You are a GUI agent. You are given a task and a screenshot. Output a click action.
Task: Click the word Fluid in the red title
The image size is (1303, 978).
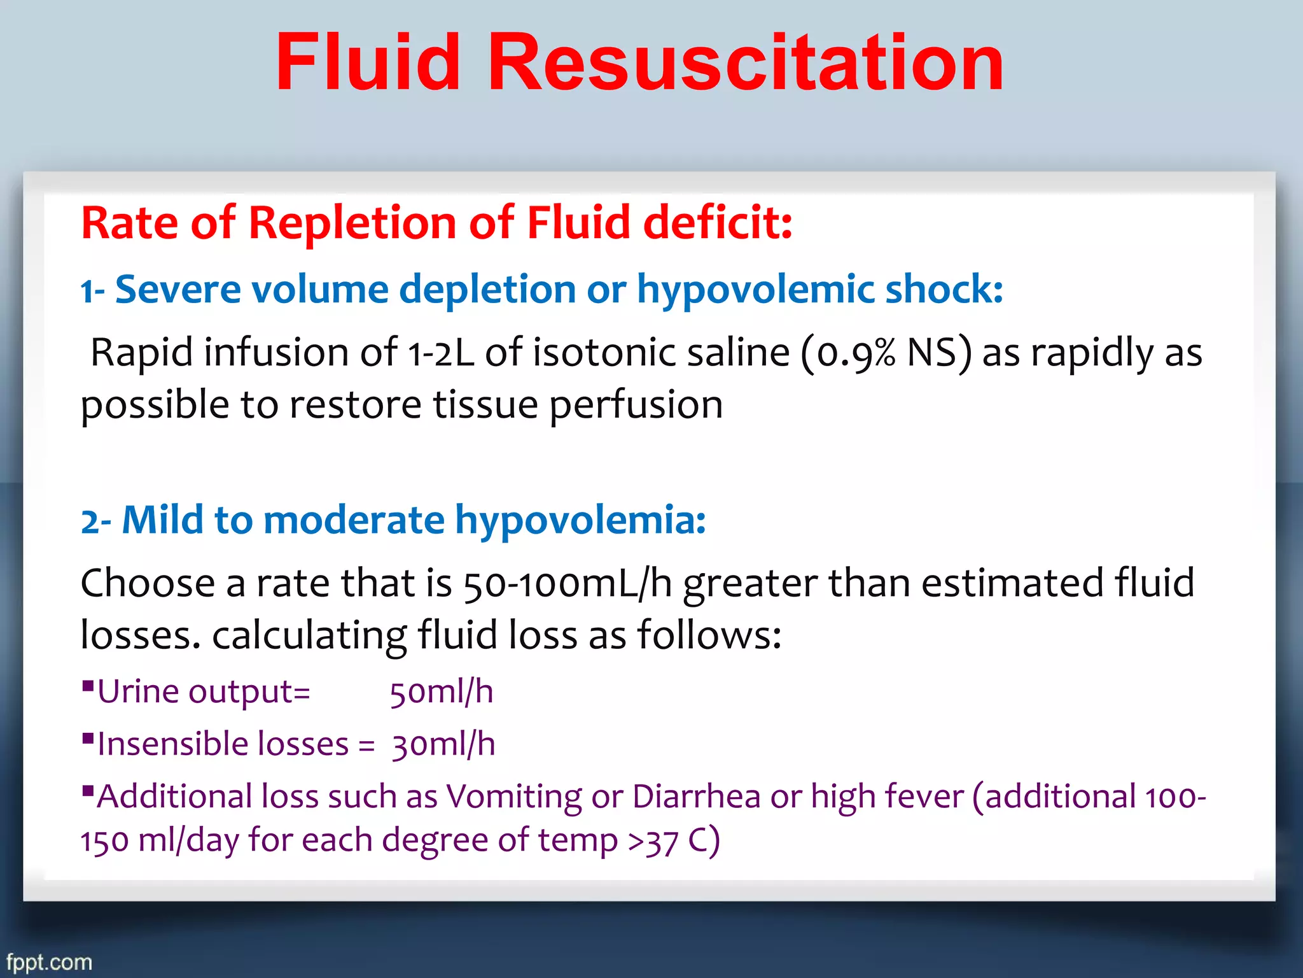(x=368, y=64)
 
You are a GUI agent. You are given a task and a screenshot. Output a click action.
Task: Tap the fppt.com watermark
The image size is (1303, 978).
(x=49, y=961)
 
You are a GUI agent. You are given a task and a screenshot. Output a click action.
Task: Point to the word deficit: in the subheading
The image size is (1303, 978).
(x=718, y=223)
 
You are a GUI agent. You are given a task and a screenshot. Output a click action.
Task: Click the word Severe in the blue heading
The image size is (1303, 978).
(x=178, y=290)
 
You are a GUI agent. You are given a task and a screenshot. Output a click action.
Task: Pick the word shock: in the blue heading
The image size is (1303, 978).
(x=944, y=290)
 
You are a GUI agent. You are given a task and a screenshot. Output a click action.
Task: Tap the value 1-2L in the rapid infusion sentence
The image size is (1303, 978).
(x=440, y=353)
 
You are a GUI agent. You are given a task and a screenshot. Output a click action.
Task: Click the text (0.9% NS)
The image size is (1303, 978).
(x=886, y=353)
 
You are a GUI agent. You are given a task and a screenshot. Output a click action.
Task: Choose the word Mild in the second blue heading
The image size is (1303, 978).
(x=163, y=520)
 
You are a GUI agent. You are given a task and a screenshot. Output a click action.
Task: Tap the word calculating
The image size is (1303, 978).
(x=309, y=635)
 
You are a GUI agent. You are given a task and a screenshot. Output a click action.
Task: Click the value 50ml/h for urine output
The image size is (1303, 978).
(x=442, y=692)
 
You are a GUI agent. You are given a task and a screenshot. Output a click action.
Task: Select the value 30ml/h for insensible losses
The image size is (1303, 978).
(x=443, y=744)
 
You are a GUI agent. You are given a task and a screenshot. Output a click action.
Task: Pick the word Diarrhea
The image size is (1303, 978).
(x=696, y=797)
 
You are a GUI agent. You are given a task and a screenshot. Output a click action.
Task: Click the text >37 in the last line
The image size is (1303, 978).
(x=653, y=840)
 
